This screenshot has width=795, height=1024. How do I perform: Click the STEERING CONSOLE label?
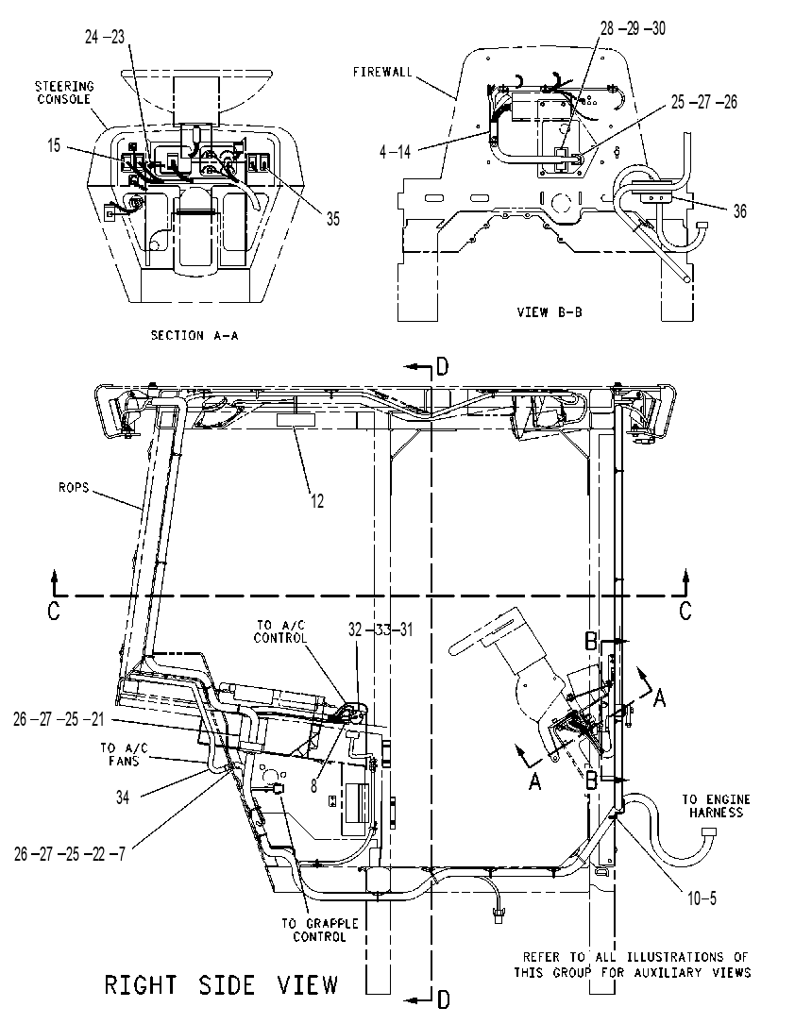pyautogui.click(x=64, y=92)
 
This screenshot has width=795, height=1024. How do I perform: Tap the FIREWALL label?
pyautogui.click(x=382, y=72)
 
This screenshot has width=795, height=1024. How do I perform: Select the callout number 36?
pyautogui.click(x=739, y=211)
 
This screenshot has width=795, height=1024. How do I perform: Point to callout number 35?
pyautogui.click(x=333, y=219)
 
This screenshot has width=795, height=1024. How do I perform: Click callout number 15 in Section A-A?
pyautogui.click(x=54, y=145)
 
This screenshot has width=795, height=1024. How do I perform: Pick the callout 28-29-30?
pyautogui.click(x=633, y=28)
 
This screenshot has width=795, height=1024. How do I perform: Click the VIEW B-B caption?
pyautogui.click(x=550, y=312)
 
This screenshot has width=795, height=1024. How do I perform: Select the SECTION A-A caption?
pyautogui.click(x=195, y=336)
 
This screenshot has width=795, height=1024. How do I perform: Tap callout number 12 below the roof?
pyautogui.click(x=317, y=501)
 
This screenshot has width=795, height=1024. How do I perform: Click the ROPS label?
pyautogui.click(x=73, y=487)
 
